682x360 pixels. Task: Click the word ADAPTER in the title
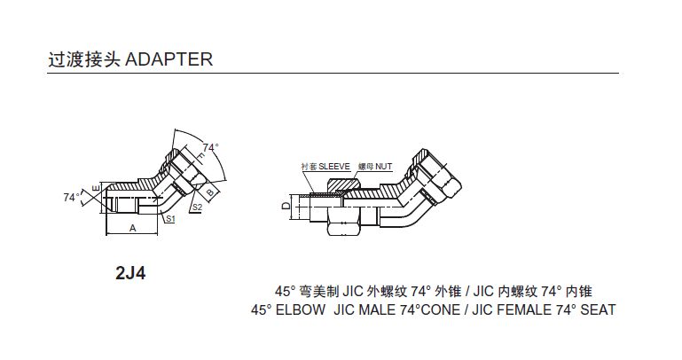[x=169, y=59]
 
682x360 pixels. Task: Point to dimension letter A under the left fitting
[x=132, y=227]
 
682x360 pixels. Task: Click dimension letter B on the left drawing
[x=209, y=190]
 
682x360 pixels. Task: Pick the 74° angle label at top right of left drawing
[x=210, y=147]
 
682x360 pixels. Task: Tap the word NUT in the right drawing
[x=384, y=166]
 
